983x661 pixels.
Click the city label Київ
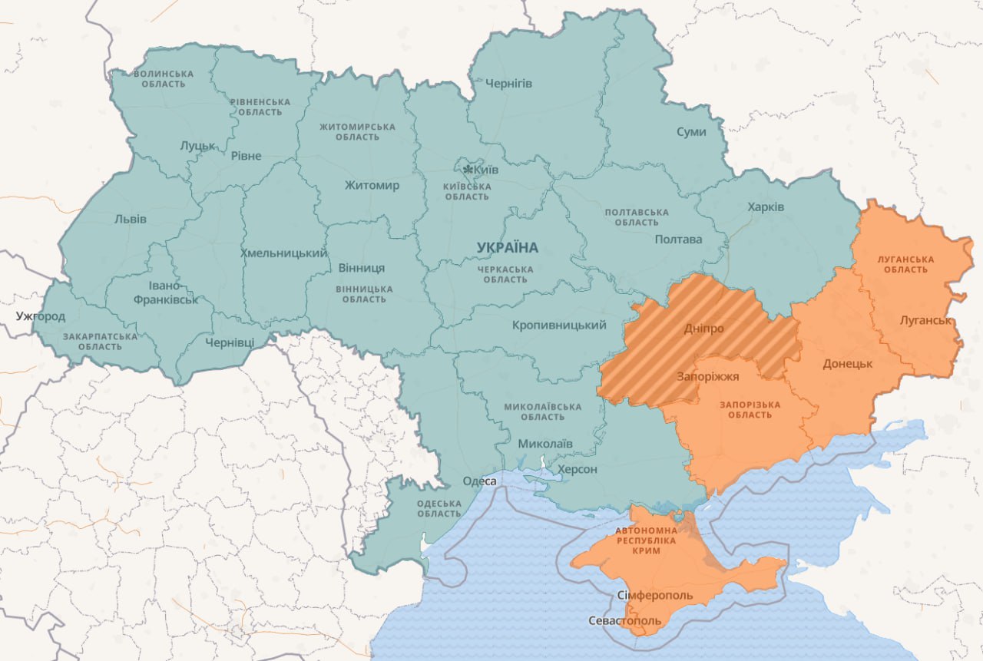click(x=486, y=169)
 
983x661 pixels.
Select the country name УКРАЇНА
click(x=508, y=248)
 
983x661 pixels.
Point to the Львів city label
click(x=130, y=219)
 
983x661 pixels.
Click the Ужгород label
click(x=41, y=316)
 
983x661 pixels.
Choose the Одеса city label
click(x=479, y=481)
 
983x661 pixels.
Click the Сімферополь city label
click(x=654, y=596)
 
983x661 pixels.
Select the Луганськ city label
click(x=927, y=319)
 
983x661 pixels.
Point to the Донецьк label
click(x=847, y=363)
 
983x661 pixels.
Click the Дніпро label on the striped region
click(x=703, y=329)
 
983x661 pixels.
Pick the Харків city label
click(x=766, y=207)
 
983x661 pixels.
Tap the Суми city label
click(x=691, y=132)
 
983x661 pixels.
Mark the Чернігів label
click(x=508, y=83)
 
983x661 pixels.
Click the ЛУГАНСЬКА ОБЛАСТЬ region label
click(x=905, y=264)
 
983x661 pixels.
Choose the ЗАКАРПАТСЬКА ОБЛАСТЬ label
click(x=100, y=342)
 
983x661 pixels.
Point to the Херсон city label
click(x=577, y=469)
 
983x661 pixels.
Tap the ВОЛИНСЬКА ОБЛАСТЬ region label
click(x=164, y=79)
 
